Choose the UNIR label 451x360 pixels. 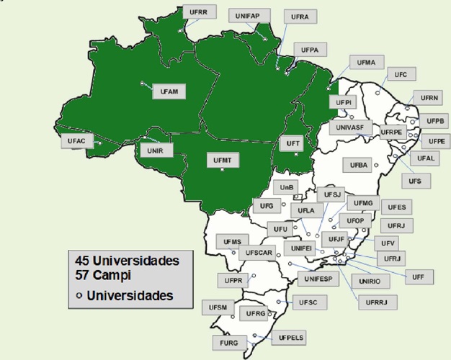pos(155,150)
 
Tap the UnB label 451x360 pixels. pos(287,187)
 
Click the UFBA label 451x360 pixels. pos(359,166)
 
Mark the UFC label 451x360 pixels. pos(401,74)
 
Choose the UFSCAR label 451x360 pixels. pos(258,253)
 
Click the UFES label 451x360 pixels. pos(396,207)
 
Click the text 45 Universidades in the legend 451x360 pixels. pos(122,260)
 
